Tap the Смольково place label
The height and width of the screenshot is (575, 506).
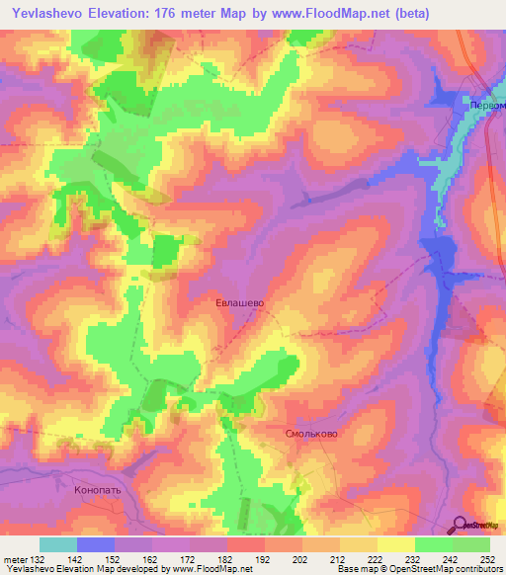point(311,434)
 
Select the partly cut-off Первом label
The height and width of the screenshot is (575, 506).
point(485,106)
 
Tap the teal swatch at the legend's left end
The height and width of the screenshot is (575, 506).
point(58,544)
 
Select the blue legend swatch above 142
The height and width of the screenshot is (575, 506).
point(96,544)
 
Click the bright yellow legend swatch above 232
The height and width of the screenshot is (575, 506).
point(395,544)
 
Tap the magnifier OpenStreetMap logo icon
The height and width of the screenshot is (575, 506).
point(462,526)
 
